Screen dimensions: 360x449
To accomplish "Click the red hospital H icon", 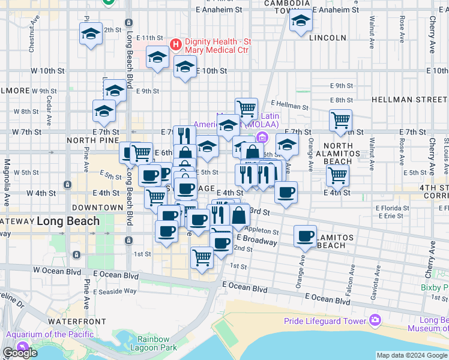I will point(176,43).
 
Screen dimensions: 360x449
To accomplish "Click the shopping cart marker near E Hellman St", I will point(246,109).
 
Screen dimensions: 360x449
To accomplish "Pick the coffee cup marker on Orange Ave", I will point(305,235).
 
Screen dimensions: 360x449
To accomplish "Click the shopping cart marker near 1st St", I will point(202,257).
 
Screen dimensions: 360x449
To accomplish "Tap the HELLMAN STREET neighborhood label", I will point(409,98).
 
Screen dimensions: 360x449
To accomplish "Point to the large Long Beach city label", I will point(68,221).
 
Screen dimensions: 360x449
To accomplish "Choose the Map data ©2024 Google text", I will point(412,355).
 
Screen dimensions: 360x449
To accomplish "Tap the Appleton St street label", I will point(262,231).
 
